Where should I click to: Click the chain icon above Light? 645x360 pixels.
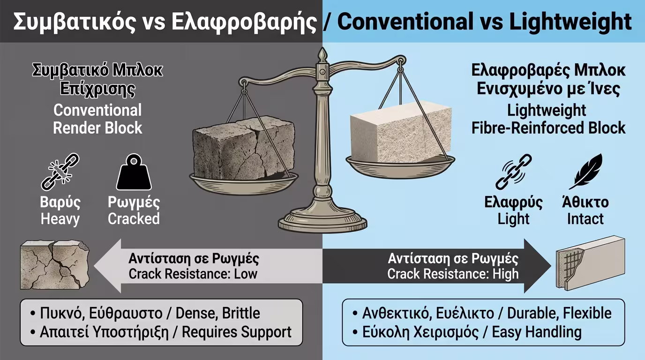point(513,172)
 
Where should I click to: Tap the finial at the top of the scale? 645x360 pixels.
point(322,56)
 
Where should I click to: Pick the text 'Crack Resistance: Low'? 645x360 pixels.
point(193,274)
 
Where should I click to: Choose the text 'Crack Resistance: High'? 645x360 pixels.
point(453,274)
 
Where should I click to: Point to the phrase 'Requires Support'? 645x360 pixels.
point(236,332)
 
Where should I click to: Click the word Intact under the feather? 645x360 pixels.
point(585,219)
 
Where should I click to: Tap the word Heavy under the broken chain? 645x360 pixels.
point(60,219)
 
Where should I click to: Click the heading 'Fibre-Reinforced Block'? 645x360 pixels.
point(548,127)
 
